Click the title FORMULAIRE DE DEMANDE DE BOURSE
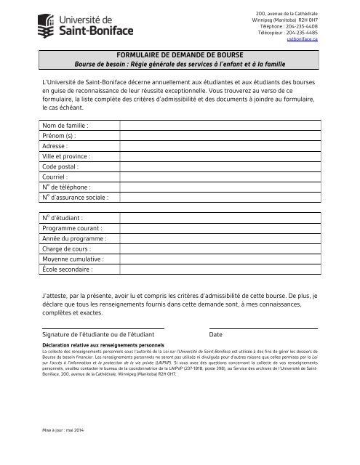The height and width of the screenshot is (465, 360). (x=180, y=54)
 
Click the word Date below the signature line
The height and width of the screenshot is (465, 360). (x=216, y=334)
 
